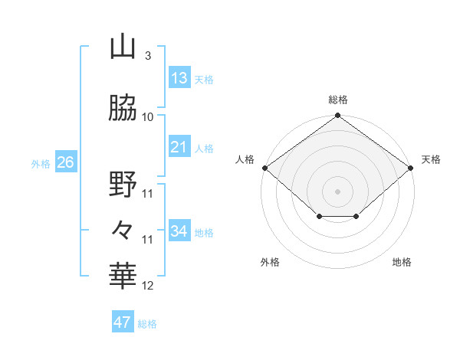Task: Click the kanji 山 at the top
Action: (123, 47)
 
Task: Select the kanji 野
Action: (123, 185)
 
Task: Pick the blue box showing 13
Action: (179, 78)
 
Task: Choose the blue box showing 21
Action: (179, 147)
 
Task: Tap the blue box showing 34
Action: (179, 231)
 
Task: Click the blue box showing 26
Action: (65, 162)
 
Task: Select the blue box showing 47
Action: (123, 322)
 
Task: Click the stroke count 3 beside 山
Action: (147, 56)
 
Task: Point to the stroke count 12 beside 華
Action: (148, 286)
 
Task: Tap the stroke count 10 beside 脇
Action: (148, 116)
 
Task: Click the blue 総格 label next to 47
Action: (147, 324)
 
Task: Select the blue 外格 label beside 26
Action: (41, 164)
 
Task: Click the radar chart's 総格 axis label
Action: (338, 100)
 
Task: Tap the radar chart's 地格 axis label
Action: (402, 262)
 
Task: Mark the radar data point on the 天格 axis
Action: (412, 168)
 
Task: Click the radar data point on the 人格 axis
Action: (264, 168)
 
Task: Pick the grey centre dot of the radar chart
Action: (338, 191)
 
